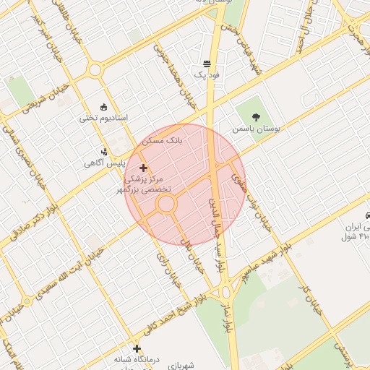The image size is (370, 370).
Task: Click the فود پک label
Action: [206, 74]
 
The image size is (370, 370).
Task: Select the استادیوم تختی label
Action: [103, 117]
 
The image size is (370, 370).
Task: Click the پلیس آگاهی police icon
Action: [105, 152]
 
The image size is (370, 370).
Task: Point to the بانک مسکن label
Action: [164, 140]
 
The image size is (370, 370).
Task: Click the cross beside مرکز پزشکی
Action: [143, 168]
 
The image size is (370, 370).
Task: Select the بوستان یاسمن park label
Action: [255, 128]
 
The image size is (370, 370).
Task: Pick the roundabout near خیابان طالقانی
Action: [94, 71]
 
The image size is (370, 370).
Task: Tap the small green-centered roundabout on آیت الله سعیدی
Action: [27, 301]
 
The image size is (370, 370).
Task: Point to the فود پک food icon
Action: [207, 64]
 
